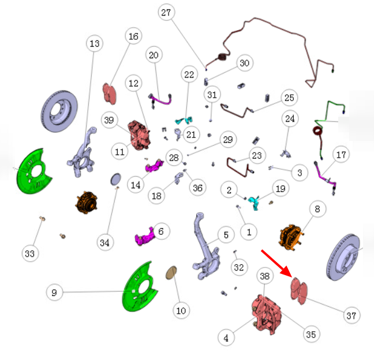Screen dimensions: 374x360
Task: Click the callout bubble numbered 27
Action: click(x=166, y=12)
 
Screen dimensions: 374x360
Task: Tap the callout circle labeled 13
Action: click(x=95, y=43)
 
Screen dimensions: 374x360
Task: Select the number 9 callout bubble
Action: click(x=54, y=292)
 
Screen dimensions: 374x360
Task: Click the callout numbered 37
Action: click(x=351, y=316)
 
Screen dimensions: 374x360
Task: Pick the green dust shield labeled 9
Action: click(x=140, y=287)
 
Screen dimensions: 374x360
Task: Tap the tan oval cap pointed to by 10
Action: click(x=171, y=273)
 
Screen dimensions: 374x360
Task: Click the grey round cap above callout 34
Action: click(x=115, y=179)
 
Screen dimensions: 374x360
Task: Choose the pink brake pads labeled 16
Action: click(x=110, y=94)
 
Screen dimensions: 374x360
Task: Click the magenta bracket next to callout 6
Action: click(x=144, y=237)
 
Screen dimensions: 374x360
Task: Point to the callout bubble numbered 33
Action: click(x=30, y=253)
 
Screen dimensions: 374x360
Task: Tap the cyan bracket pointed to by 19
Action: click(x=254, y=202)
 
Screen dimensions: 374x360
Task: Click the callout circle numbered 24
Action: click(x=290, y=118)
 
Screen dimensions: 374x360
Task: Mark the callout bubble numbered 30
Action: click(x=245, y=63)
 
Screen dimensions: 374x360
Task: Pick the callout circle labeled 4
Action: click(x=226, y=338)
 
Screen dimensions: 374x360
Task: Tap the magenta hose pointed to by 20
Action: click(x=160, y=101)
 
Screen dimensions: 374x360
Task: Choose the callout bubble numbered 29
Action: click(x=228, y=139)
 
